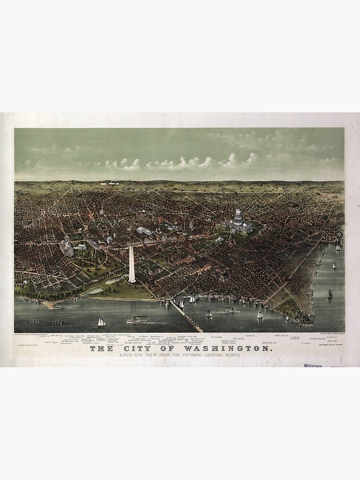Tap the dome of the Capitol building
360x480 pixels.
239,216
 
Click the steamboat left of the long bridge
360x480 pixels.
138,319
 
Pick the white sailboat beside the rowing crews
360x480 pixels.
101,322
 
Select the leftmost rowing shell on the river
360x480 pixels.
35,321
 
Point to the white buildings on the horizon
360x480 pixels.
110,183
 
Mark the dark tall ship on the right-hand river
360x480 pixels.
330,294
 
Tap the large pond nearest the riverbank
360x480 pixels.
94,290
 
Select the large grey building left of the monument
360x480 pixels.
67,247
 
